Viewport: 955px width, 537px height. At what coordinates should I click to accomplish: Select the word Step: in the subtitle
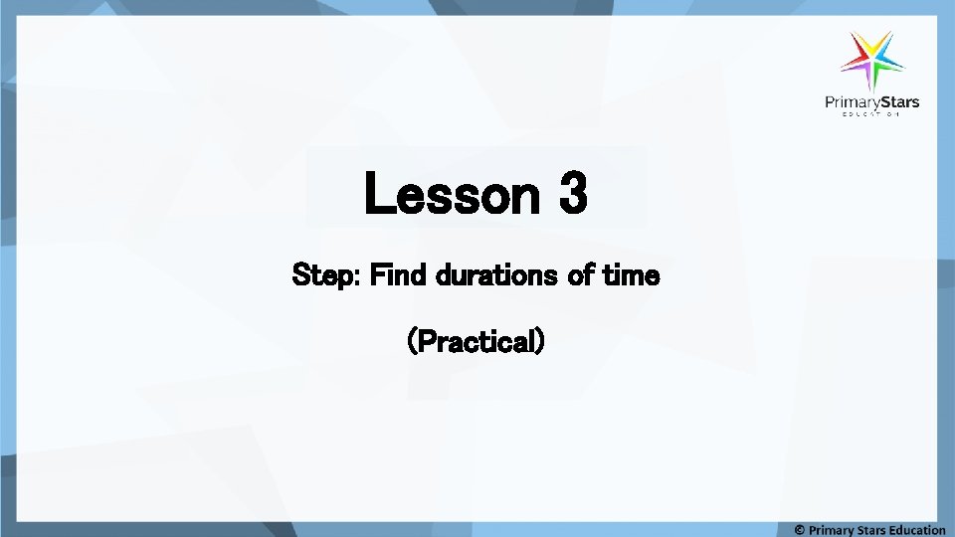tap(326, 275)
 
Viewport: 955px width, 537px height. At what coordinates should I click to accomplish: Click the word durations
tap(493, 275)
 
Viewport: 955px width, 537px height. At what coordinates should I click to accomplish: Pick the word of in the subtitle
tap(579, 275)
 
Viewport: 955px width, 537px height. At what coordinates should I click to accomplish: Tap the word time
tap(630, 275)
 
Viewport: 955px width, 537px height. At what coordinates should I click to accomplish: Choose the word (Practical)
tap(477, 341)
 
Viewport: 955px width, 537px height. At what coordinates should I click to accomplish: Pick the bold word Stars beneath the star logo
tap(898, 101)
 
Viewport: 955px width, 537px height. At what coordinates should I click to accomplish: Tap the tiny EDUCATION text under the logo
tap(871, 115)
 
